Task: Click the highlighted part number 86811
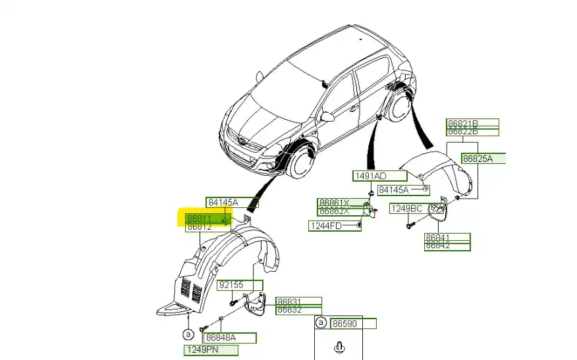pos(199,218)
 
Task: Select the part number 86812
pos(199,227)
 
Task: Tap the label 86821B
pos(463,123)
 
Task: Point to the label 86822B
pos(463,131)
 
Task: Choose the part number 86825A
pos(478,159)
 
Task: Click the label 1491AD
pos(371,176)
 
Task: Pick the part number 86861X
pos(333,203)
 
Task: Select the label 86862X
pos(333,211)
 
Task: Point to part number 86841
pos(438,238)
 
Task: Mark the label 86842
pos(438,246)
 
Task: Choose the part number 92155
pos(231,286)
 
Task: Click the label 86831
pos(289,301)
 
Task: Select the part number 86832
pos(289,310)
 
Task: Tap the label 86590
pos(344,324)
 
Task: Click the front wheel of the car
pos(302,163)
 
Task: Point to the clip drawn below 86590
pos(340,346)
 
